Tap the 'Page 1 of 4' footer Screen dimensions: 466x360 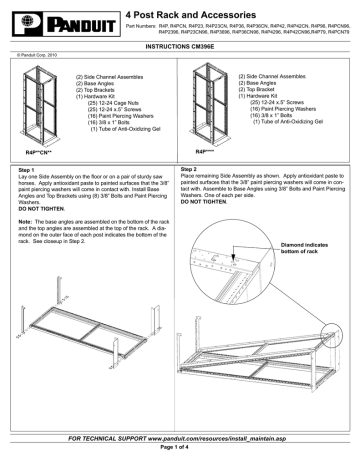pos(180,452)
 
